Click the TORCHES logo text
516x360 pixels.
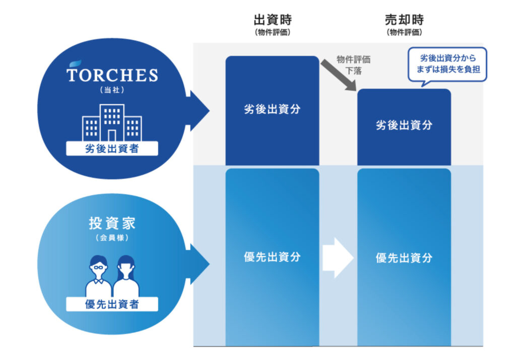click(x=112, y=76)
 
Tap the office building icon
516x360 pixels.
click(x=112, y=123)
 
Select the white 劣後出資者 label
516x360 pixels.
click(x=112, y=149)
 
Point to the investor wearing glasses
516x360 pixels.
click(x=98, y=277)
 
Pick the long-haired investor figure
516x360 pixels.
click(x=126, y=277)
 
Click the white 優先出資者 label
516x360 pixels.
click(x=112, y=304)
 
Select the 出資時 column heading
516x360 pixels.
click(x=273, y=20)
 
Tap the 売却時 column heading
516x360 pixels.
click(x=404, y=20)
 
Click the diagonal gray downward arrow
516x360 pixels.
click(x=338, y=74)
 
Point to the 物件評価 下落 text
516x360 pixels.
click(x=354, y=65)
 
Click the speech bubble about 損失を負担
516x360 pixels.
click(x=447, y=64)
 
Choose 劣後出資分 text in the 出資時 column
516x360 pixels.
click(x=272, y=109)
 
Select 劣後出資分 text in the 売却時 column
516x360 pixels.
click(x=404, y=125)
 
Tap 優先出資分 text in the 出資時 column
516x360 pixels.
click(x=272, y=256)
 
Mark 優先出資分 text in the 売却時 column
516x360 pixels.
click(x=404, y=258)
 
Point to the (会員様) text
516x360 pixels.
click(x=112, y=238)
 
